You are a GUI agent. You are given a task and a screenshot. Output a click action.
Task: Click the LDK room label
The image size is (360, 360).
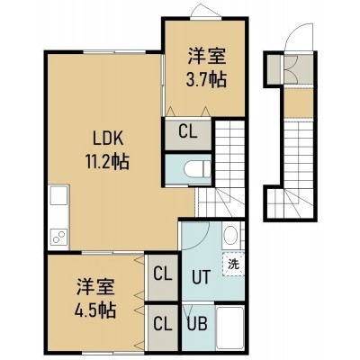(108, 139)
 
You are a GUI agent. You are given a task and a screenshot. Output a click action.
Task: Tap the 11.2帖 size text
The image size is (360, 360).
(108, 162)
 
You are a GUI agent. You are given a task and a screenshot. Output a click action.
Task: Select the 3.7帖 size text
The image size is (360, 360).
(206, 80)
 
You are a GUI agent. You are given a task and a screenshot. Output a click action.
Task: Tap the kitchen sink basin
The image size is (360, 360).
(58, 195)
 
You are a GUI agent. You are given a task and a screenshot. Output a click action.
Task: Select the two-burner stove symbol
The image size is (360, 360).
(58, 236)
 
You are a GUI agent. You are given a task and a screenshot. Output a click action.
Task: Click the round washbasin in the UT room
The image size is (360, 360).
(230, 234)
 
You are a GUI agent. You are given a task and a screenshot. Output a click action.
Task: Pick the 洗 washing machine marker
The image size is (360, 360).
(234, 265)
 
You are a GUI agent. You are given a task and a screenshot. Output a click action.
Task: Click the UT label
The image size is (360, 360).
(201, 277)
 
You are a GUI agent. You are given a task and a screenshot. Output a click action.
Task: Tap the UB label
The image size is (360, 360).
(197, 324)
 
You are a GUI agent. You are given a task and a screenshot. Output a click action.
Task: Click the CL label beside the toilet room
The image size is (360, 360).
(188, 131)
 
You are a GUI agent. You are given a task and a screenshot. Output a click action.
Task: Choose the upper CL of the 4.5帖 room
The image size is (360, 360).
(163, 274)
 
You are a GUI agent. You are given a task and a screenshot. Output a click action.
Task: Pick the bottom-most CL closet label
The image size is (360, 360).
(163, 324)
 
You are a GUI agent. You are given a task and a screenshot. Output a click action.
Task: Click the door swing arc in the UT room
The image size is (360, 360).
(204, 240)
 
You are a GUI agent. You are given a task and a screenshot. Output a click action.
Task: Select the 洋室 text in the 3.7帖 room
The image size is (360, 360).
(207, 56)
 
